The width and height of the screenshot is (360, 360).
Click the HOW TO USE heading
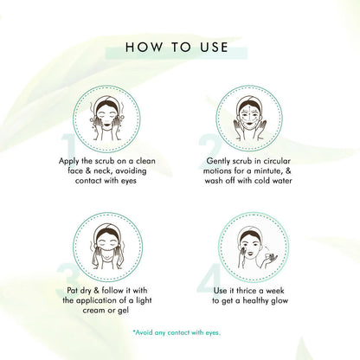[179, 46]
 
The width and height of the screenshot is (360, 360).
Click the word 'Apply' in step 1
[74, 161]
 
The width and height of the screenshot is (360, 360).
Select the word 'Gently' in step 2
[223, 161]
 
